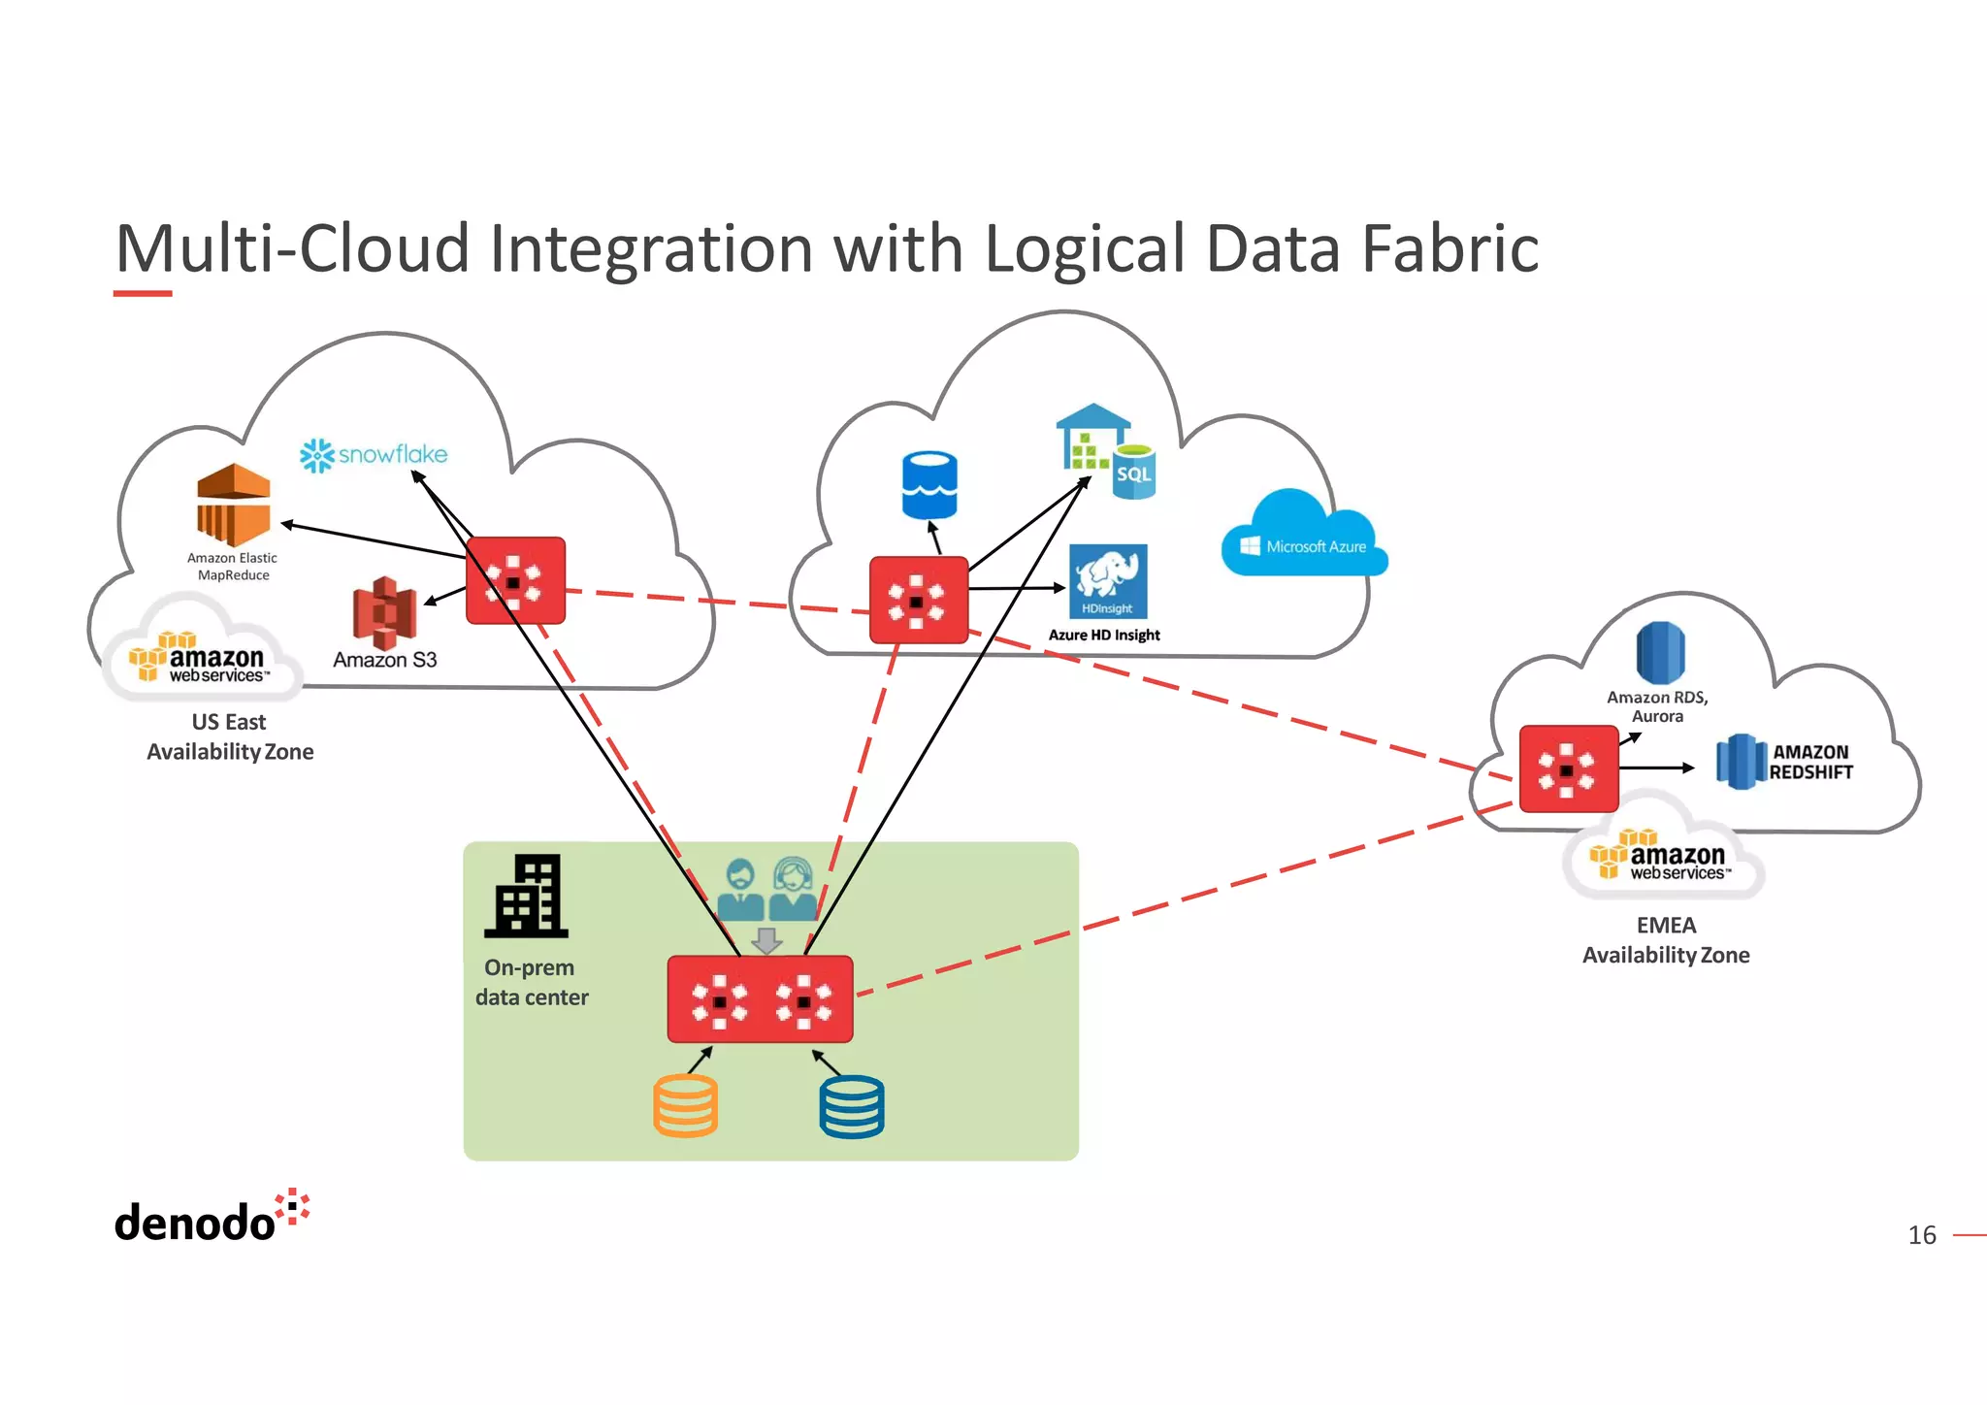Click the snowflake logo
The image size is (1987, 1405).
[x=374, y=455]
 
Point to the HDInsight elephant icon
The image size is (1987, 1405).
[x=1108, y=580]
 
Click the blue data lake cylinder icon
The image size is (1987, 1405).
[x=928, y=484]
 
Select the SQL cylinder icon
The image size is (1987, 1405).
[x=1133, y=473]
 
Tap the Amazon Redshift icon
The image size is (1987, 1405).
[x=1741, y=762]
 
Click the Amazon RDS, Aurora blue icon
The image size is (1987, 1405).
[x=1660, y=652]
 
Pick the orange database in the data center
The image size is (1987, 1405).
[x=685, y=1106]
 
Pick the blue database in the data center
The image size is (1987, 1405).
[x=852, y=1106]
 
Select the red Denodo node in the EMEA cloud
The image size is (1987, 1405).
[x=1568, y=768]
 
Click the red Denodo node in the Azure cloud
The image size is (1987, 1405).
[x=918, y=601]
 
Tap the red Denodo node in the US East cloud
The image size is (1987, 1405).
[x=515, y=580]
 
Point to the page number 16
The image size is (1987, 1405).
[x=1921, y=1235]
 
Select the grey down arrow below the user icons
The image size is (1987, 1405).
[x=766, y=940]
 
